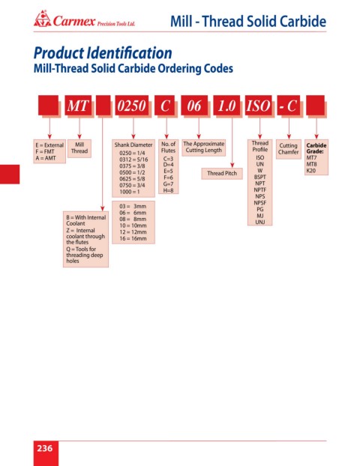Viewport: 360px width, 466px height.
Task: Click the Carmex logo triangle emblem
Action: (x=43, y=19)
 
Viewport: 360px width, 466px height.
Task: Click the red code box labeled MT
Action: (x=78, y=105)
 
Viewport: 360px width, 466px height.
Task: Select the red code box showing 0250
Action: (x=131, y=105)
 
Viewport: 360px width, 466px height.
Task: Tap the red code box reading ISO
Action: (x=258, y=105)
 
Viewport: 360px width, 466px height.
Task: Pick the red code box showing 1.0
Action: (x=226, y=105)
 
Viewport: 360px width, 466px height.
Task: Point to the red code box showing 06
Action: (x=194, y=105)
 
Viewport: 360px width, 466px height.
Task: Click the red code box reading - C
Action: (x=289, y=105)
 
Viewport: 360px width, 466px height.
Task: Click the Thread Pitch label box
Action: (x=222, y=173)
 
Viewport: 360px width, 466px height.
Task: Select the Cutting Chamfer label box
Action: (x=288, y=149)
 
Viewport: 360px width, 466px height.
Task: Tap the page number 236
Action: (x=45, y=448)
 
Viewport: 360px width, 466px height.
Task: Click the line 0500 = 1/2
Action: (x=133, y=172)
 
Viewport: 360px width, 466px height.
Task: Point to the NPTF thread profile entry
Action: (x=260, y=190)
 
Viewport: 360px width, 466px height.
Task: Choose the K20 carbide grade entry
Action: (x=311, y=171)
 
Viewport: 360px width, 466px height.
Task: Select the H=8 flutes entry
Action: (x=168, y=190)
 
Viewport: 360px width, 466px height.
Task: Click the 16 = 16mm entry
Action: (x=133, y=238)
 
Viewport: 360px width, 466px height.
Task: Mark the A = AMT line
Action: (x=46, y=158)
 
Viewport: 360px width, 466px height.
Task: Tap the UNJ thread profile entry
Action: (x=260, y=222)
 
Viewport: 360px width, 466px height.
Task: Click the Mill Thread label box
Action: (x=79, y=148)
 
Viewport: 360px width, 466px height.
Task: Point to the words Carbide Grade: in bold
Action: (x=316, y=148)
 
